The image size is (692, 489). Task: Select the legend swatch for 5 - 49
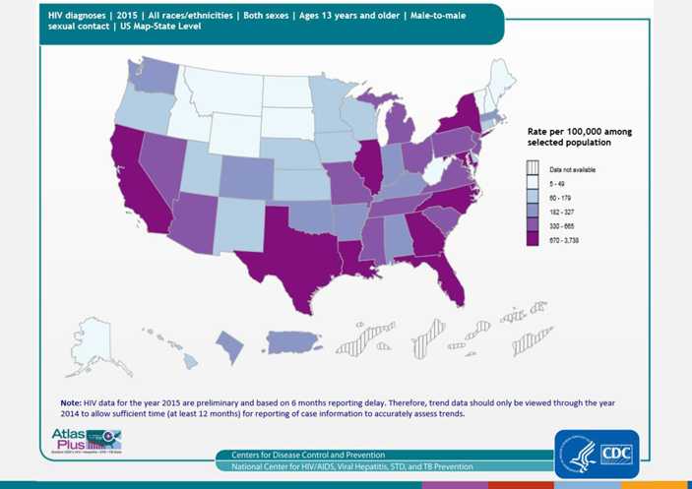click(x=533, y=183)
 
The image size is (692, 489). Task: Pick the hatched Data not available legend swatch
click(x=533, y=169)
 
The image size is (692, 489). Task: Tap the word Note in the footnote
click(x=71, y=402)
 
